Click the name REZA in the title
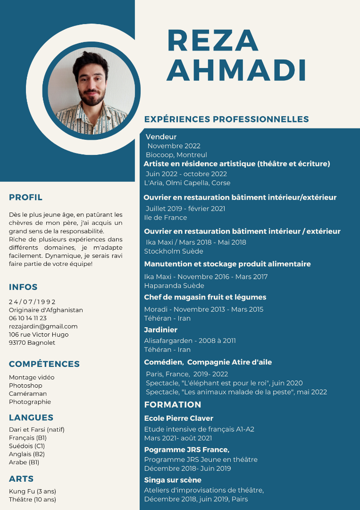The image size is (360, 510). [213, 41]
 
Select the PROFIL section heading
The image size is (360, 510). [25, 197]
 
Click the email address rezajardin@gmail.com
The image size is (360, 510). [43, 326]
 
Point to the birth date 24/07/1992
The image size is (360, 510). [32, 302]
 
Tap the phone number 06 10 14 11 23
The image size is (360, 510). [28, 318]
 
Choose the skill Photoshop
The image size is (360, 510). [25, 385]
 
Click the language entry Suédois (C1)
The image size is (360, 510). [27, 446]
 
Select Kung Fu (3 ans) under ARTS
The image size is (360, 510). [32, 491]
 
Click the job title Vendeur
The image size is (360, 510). [161, 137]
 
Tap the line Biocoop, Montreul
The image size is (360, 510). [176, 155]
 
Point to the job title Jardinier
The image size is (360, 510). [160, 330]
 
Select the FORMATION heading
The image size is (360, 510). [173, 405]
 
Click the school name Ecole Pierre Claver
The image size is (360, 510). [178, 418]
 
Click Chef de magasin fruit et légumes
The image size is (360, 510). [205, 297]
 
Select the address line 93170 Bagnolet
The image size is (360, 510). [32, 343]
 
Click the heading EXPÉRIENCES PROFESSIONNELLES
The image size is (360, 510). [226, 119]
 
